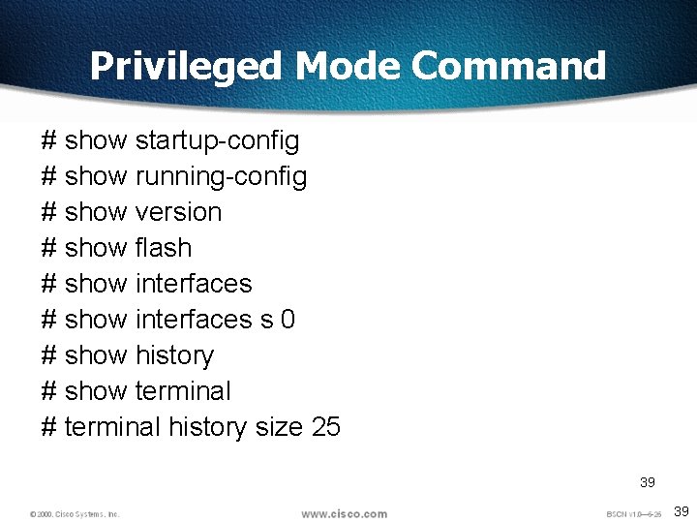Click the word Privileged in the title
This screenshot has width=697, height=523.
(186, 67)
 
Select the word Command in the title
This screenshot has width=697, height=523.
(509, 66)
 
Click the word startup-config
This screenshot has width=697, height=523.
(218, 141)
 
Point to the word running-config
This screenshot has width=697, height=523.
(222, 177)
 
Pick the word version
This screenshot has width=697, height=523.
(179, 212)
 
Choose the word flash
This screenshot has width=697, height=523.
(164, 248)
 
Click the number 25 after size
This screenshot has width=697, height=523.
(326, 427)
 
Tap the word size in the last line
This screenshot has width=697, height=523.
(280, 427)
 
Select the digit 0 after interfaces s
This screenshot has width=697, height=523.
(288, 320)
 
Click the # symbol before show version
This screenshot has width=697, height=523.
(49, 212)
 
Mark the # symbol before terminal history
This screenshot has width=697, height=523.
(49, 427)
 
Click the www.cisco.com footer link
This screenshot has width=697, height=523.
(344, 513)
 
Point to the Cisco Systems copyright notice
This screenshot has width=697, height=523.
(75, 514)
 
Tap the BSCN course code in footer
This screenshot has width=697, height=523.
(633, 514)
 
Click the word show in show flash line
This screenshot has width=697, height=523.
(95, 248)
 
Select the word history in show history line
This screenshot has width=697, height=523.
(174, 355)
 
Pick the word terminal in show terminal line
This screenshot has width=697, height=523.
(183, 391)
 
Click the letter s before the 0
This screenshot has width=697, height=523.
(266, 320)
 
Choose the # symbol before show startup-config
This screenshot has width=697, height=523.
(49, 141)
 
